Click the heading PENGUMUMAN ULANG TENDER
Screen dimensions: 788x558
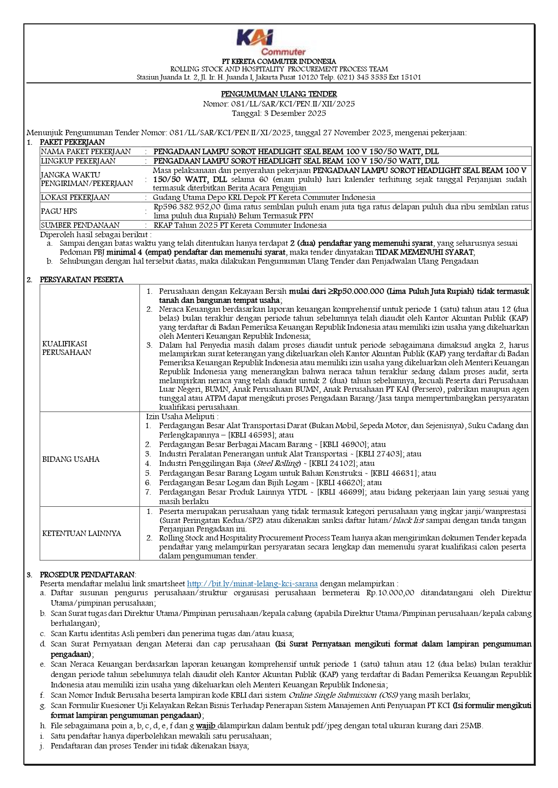pyautogui.click(x=279, y=94)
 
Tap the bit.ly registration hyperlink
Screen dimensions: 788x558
pyautogui.click(x=252, y=584)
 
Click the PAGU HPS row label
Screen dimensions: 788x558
pyautogui.click(x=59, y=211)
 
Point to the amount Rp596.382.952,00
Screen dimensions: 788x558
pyautogui.click(x=187, y=207)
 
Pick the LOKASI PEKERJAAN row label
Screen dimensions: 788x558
pyautogui.click(x=75, y=197)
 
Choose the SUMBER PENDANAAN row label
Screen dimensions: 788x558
pyautogui.click(x=80, y=225)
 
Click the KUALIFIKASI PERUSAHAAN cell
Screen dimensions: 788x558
pyautogui.click(x=67, y=348)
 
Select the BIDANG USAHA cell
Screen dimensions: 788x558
pyautogui.click(x=71, y=459)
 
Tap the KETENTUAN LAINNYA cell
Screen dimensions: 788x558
pyautogui.click(x=81, y=533)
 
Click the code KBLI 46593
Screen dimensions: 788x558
pyautogui.click(x=251, y=435)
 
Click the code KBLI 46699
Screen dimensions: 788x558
pyautogui.click(x=341, y=492)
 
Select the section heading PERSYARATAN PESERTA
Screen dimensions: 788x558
pyautogui.click(x=81, y=279)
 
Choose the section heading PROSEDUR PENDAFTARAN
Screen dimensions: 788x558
pyautogui.click(x=87, y=575)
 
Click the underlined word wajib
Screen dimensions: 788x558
pyautogui.click(x=205, y=726)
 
